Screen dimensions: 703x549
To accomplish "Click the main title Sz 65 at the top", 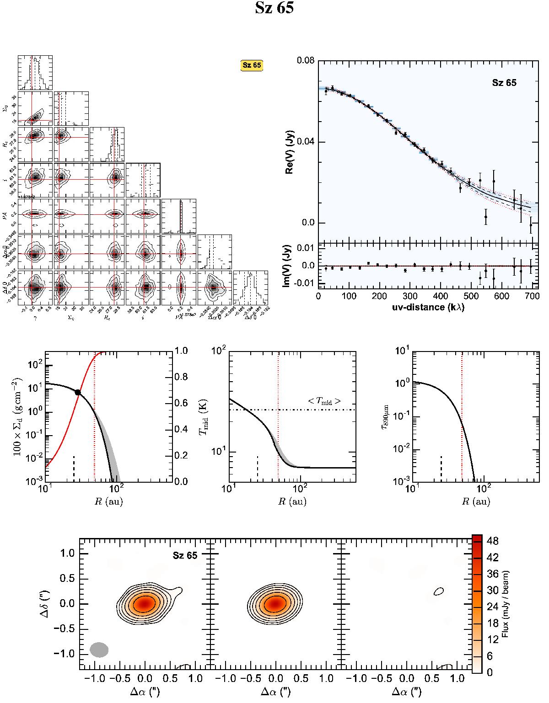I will pos(274,9).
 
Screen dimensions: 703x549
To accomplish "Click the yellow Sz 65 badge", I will pos(252,65).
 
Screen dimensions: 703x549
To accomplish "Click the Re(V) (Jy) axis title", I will pos(289,152).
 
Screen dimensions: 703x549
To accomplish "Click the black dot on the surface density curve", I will pos(78,392).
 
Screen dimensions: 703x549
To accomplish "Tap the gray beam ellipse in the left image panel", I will pos(99,650).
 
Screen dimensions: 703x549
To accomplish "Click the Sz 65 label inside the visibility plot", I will pos(504,83).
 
